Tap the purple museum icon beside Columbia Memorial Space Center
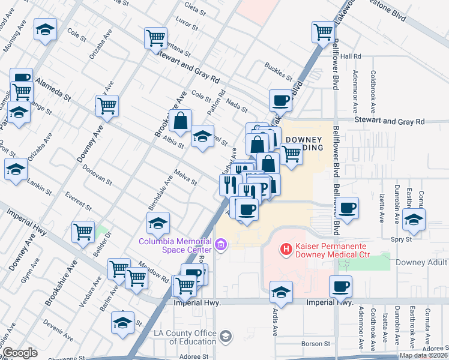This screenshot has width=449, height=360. pos(221,245)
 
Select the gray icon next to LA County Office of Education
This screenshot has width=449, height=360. pos(225,336)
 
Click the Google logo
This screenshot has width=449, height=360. pos(20,353)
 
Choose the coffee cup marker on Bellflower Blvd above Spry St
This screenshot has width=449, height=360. pos(347,208)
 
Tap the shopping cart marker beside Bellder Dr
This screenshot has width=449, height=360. pos(83,232)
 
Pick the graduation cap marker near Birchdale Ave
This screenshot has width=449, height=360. pos(158,224)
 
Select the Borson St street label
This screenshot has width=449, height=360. pos(312,344)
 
